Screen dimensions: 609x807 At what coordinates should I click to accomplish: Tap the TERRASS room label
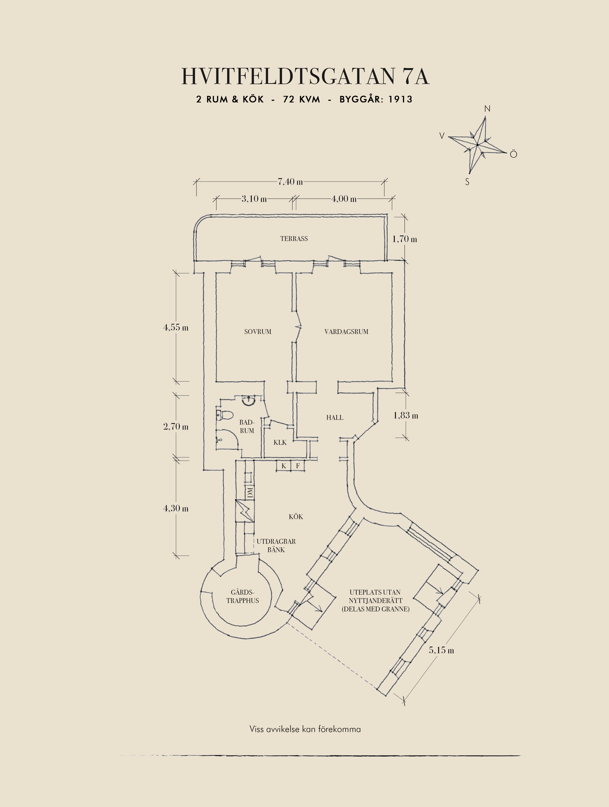pyautogui.click(x=294, y=239)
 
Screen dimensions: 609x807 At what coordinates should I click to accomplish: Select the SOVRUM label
pyautogui.click(x=258, y=332)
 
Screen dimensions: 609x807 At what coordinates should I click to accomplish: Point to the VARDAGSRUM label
pyautogui.click(x=346, y=332)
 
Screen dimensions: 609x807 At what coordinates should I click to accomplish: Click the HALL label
pyautogui.click(x=335, y=417)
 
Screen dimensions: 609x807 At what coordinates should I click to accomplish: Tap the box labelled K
pyautogui.click(x=284, y=466)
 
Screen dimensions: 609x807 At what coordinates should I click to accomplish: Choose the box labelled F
pyautogui.click(x=298, y=466)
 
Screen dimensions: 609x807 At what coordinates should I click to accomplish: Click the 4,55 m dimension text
pyautogui.click(x=176, y=327)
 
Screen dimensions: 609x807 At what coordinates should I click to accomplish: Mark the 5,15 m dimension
pyautogui.click(x=442, y=650)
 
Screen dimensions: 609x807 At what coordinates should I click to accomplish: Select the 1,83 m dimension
pyautogui.click(x=406, y=415)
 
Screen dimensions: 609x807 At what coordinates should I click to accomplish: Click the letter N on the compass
pyautogui.click(x=487, y=109)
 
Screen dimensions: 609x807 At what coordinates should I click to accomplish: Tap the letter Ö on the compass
pyautogui.click(x=513, y=154)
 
